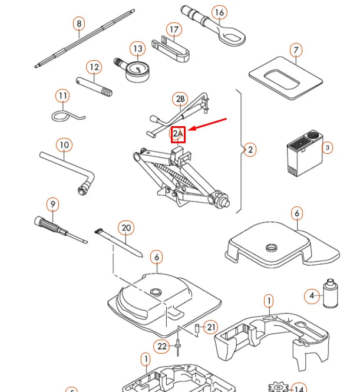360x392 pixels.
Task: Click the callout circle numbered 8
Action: (x=79, y=24)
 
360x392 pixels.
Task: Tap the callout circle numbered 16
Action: (x=219, y=12)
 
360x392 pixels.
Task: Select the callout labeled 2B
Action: (x=180, y=99)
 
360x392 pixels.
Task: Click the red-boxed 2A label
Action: (x=179, y=135)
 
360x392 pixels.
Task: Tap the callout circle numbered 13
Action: (x=138, y=48)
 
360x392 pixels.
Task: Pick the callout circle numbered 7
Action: (x=296, y=51)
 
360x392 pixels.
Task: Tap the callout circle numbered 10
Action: (x=64, y=144)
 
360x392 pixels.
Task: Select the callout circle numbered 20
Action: (x=125, y=228)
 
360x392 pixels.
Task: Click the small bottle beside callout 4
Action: (x=330, y=293)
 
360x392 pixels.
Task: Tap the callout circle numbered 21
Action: (x=211, y=327)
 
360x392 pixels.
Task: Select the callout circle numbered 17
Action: (x=174, y=29)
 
